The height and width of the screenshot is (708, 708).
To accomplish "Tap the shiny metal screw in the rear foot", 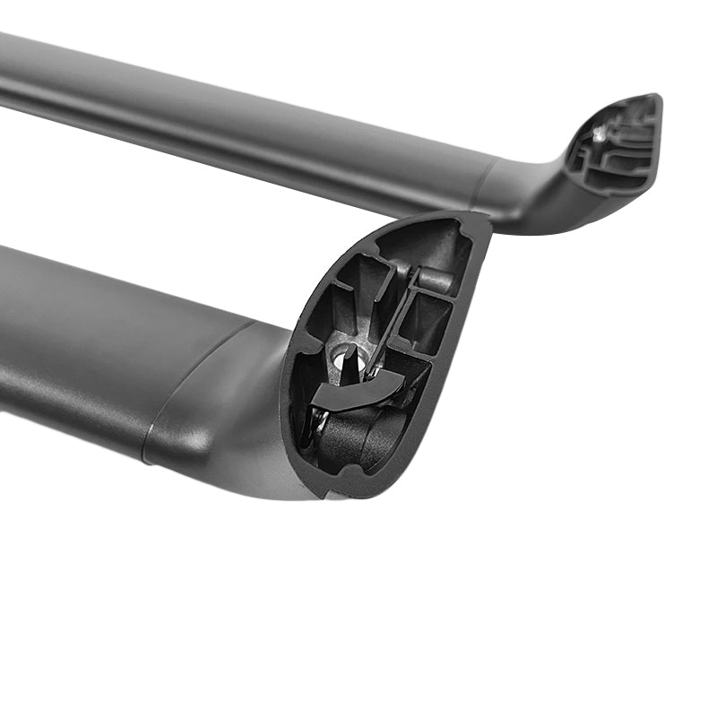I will click(598, 135).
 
